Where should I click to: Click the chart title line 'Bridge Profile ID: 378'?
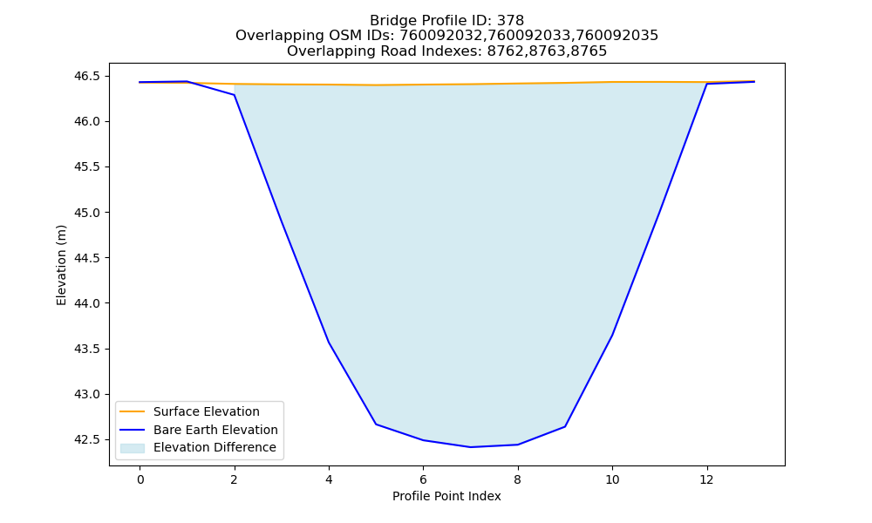446,21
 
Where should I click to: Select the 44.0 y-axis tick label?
88,303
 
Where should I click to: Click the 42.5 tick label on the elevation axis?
88,439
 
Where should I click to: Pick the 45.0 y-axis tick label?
88,213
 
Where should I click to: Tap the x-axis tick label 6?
423,479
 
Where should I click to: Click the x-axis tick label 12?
706,479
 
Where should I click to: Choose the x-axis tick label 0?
140,479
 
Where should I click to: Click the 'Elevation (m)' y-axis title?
61,265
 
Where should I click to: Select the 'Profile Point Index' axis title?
446,496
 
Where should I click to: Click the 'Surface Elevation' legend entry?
207,411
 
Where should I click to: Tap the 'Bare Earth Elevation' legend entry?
215,430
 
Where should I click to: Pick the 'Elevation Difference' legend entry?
215,447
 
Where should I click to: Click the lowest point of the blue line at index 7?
471,447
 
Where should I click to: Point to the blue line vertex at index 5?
376,425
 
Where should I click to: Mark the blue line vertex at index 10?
612,335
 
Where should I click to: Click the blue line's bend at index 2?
235,95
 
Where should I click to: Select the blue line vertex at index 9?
565,426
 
